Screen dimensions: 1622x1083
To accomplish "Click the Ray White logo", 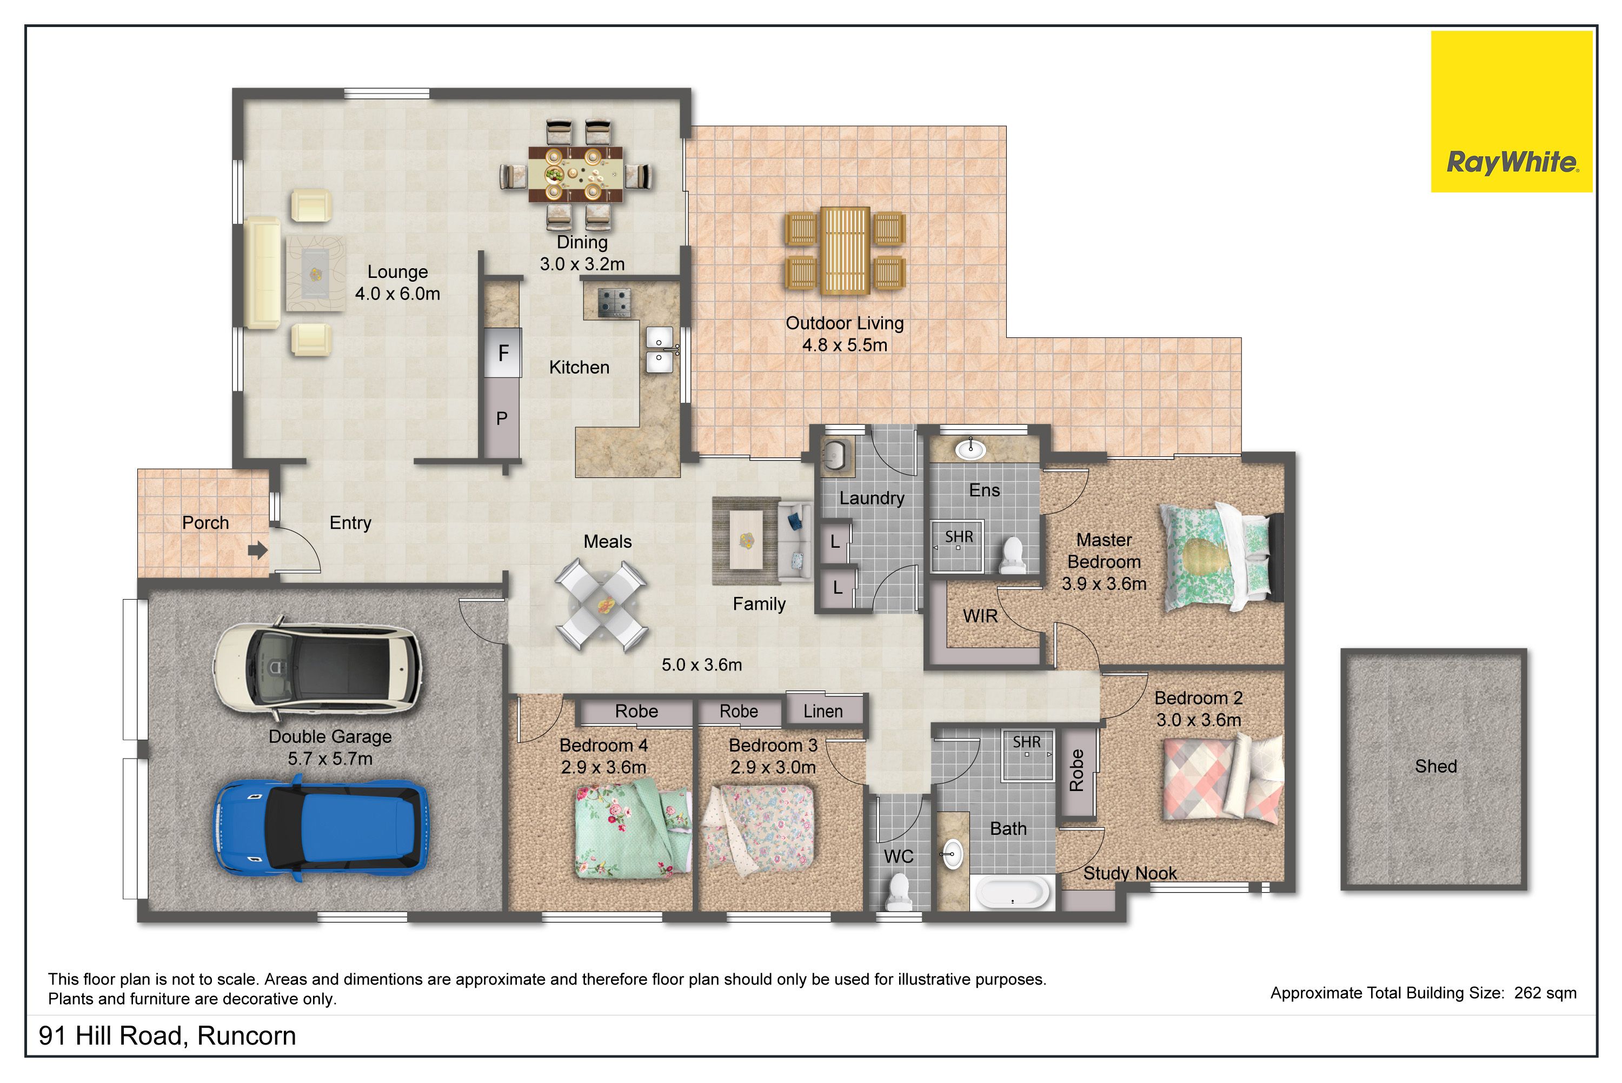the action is pos(1512,111).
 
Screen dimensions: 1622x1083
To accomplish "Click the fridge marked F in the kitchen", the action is pos(503,353).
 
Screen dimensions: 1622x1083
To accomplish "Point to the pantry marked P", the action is pos(502,418).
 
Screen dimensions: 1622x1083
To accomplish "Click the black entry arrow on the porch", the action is pos(257,550).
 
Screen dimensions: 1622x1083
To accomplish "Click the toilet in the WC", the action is pos(899,892).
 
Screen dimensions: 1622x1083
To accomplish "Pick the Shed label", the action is pos(1435,766).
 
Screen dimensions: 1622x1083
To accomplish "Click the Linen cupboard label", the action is pos(822,710).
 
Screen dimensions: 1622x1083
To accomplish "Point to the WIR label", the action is pos(980,615).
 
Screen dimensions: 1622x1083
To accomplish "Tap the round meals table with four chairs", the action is pos(601,606).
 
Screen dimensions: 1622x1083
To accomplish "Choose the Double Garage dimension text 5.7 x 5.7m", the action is pos(330,759).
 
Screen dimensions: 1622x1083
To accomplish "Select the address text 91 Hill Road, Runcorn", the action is pos(167,1036).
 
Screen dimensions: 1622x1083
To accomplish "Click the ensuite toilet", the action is pos(1012,555).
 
